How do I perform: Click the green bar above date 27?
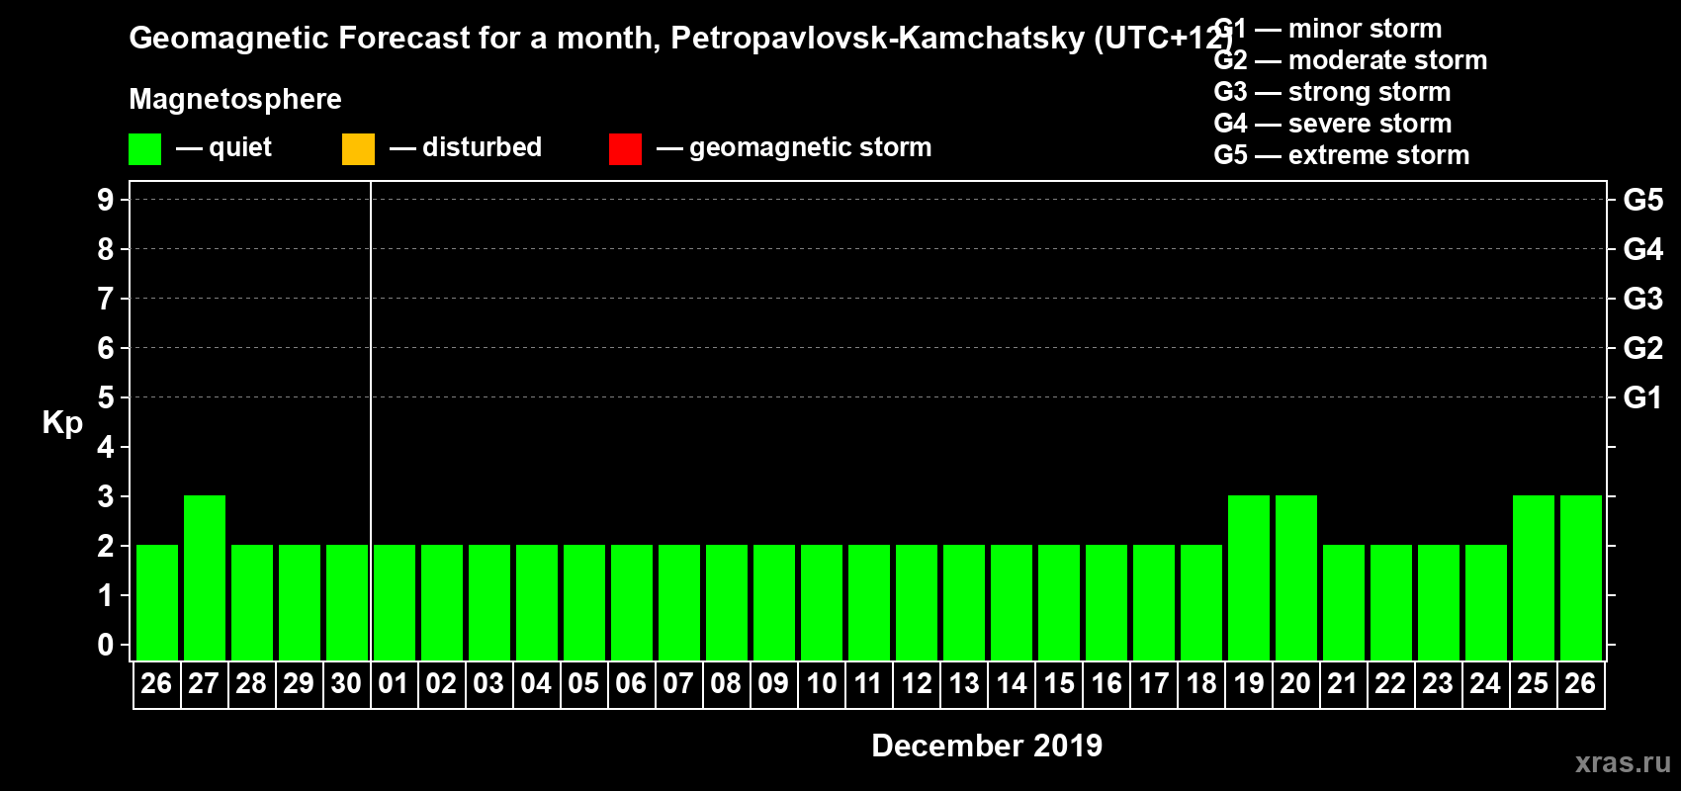pos(205,577)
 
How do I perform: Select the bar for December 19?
pos(1249,577)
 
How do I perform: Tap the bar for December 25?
pos(1534,577)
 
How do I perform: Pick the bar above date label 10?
pos(822,602)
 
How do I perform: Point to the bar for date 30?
pos(347,602)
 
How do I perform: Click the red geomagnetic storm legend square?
pos(625,149)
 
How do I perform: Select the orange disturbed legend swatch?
pos(358,149)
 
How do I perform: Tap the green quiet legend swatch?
pos(144,149)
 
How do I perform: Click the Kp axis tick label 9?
pos(106,200)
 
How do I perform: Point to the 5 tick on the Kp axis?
pos(106,397)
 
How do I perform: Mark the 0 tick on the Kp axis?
pos(106,646)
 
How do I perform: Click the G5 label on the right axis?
pos(1642,200)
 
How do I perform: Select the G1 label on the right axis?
pos(1642,397)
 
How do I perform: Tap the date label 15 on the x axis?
pos(1059,683)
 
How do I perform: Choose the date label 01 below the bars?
pos(394,683)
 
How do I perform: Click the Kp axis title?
pos(62,423)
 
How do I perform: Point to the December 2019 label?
pos(987,746)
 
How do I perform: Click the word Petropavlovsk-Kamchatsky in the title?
pos(878,39)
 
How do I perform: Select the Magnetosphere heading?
pos(235,99)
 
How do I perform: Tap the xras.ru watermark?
pos(1623,762)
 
